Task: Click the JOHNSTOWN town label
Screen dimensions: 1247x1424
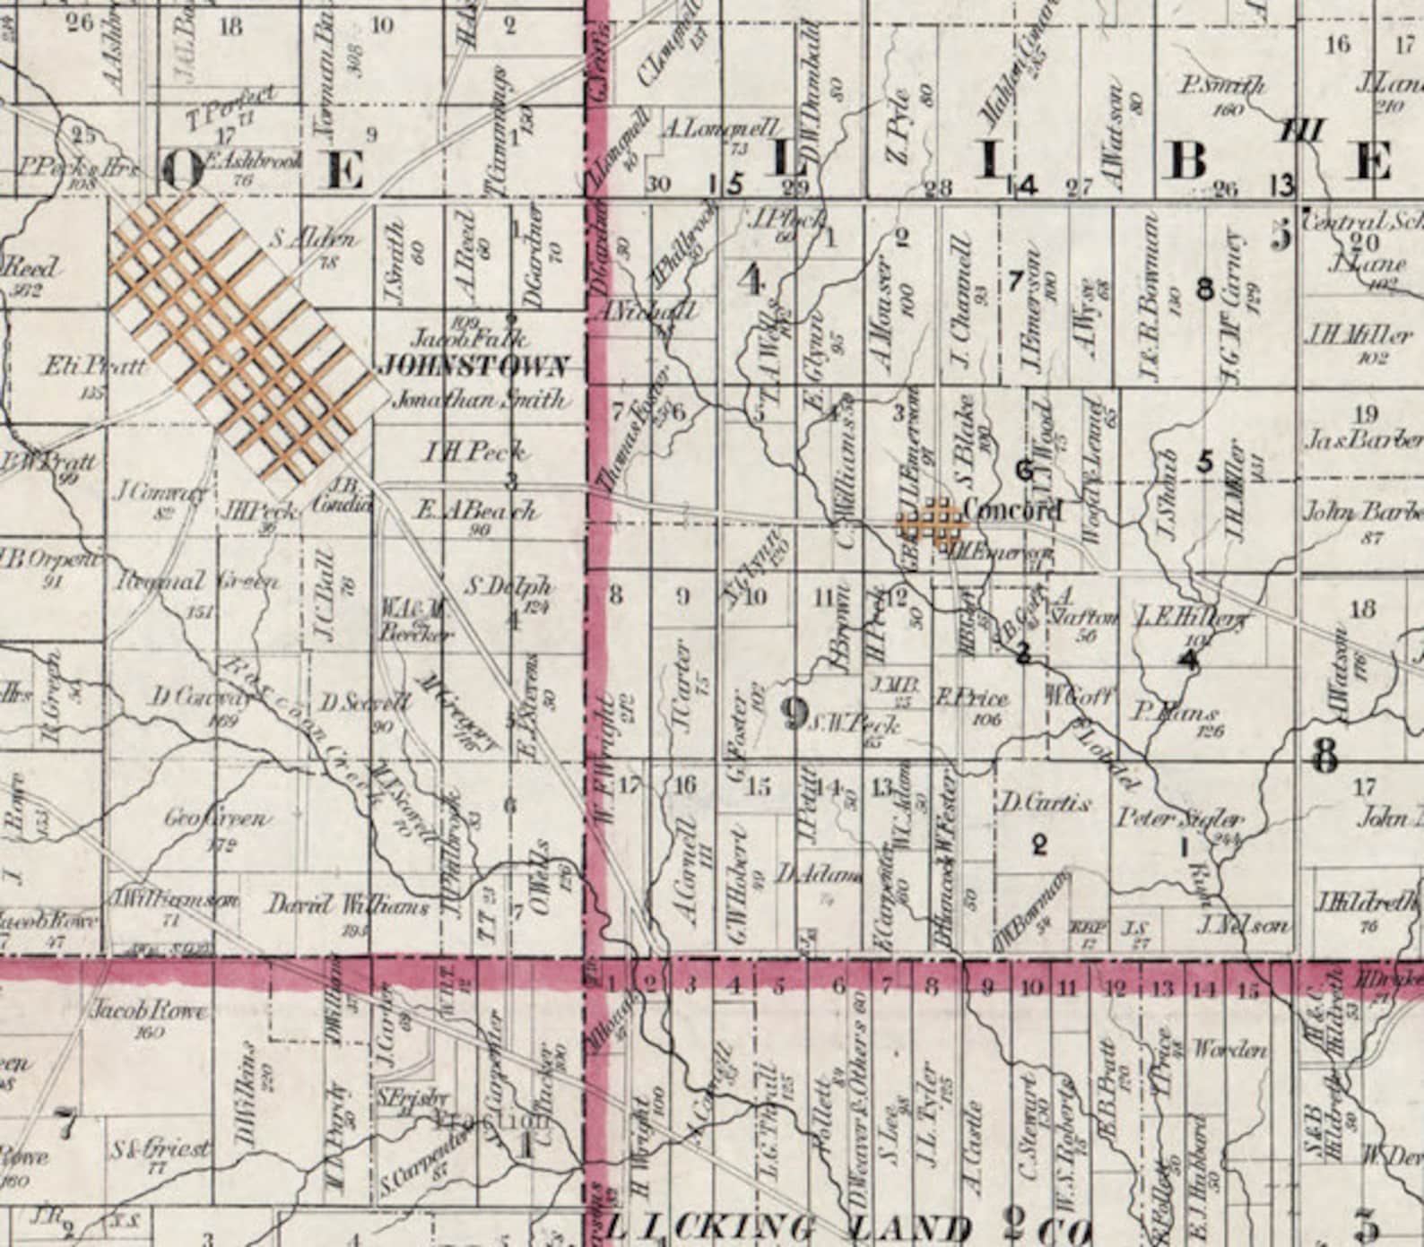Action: coord(474,367)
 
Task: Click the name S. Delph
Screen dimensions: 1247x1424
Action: coord(509,588)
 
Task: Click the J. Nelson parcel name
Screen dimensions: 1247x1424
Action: coord(1243,925)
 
